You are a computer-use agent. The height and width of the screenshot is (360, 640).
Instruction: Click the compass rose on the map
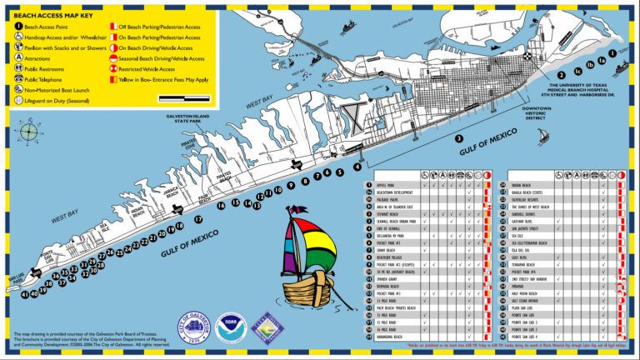[x=30, y=132]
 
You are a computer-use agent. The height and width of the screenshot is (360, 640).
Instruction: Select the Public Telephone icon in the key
[x=17, y=78]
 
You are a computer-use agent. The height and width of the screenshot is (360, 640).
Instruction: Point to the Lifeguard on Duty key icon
[x=17, y=99]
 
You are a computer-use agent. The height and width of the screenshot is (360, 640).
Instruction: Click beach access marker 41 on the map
[x=25, y=294]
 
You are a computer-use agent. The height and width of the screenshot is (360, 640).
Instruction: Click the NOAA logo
[x=230, y=327]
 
